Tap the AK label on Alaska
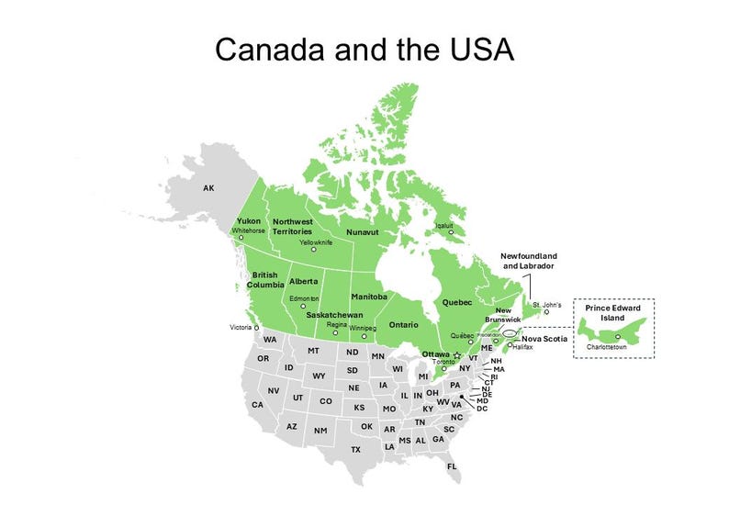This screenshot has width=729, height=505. coord(208,188)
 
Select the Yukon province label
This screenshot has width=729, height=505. coord(249,221)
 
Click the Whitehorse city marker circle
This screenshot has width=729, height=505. coord(241,238)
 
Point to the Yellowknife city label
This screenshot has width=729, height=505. coord(315,242)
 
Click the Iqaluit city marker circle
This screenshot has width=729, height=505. coord(452,232)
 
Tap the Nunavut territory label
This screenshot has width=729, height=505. coord(362,232)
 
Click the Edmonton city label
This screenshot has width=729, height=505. coord(304,299)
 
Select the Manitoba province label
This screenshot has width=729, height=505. coord(368,297)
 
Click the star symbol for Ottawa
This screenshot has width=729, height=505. coord(456,354)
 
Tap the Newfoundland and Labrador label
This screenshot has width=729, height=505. coord(528,260)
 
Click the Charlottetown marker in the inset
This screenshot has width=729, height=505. coord(620,337)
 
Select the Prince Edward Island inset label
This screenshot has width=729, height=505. coord(613,312)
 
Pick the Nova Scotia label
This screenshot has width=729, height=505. coord(545,338)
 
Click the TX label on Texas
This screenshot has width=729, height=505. coord(355,449)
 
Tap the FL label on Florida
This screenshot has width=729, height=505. coord(452,466)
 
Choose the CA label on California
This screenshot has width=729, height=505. coord(257,405)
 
